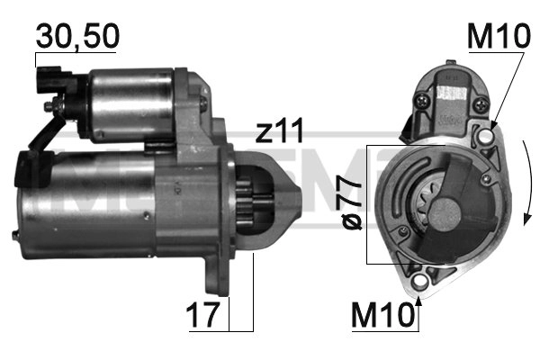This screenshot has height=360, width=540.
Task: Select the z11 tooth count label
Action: (x=279, y=132)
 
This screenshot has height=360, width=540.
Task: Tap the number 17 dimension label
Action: (x=204, y=317)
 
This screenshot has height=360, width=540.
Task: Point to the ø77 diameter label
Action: (x=353, y=204)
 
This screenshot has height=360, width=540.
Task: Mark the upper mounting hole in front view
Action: (x=487, y=137)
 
